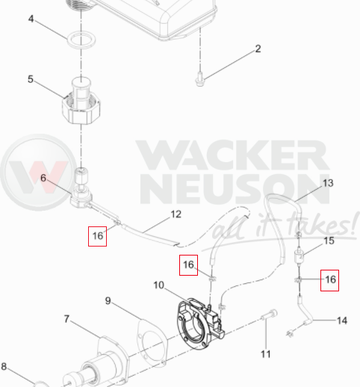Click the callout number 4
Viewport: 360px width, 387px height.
(31, 19)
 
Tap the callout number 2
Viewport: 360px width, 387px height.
(258, 49)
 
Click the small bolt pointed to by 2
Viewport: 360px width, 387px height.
(199, 80)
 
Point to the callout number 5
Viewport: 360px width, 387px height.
(31, 79)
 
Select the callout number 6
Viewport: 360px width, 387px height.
(43, 178)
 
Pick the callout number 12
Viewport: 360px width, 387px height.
(176, 214)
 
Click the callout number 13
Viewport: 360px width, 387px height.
(328, 183)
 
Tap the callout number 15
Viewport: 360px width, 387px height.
(329, 241)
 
